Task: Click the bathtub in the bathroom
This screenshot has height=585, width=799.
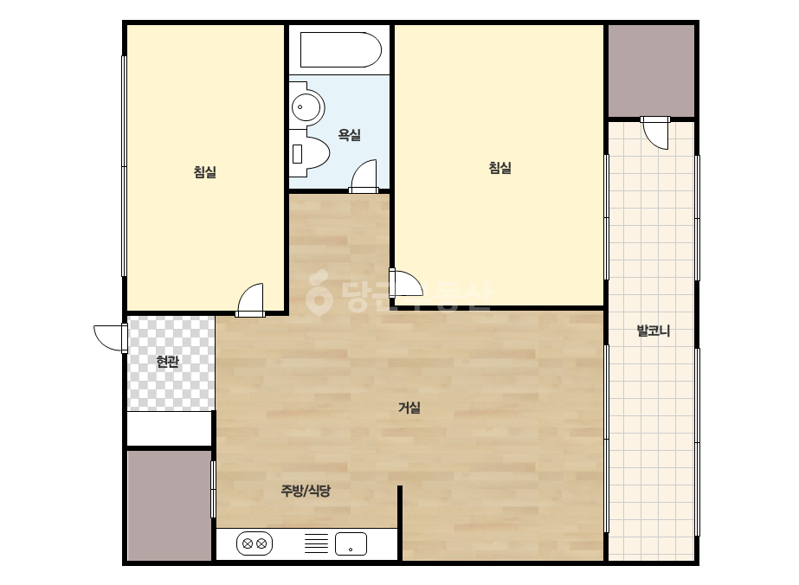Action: point(340,49)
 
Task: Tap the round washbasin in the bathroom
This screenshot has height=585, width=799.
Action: point(308,107)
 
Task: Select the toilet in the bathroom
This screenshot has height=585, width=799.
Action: point(309,153)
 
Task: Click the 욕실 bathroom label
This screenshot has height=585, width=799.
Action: point(349,135)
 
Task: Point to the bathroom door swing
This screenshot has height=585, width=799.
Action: point(364,176)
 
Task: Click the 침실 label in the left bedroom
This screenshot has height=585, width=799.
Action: point(205,171)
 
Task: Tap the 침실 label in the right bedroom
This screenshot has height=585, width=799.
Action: point(499,168)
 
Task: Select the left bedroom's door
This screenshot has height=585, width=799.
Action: point(251,300)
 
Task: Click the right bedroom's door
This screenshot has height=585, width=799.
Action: point(406,283)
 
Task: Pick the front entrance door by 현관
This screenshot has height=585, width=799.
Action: point(111,337)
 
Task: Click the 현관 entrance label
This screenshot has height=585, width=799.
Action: point(167,362)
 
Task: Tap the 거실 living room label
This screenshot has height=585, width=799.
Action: point(409,408)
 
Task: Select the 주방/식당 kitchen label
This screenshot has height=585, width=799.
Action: point(306,491)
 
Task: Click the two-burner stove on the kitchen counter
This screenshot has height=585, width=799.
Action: point(255,543)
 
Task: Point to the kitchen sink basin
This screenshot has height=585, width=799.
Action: point(351,543)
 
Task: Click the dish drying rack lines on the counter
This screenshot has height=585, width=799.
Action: point(317,543)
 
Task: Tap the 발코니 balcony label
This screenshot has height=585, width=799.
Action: point(654,331)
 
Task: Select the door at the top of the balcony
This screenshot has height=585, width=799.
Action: point(654,132)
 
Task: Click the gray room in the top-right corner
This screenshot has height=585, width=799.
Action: point(651,71)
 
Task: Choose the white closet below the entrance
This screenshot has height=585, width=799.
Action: point(169,428)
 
